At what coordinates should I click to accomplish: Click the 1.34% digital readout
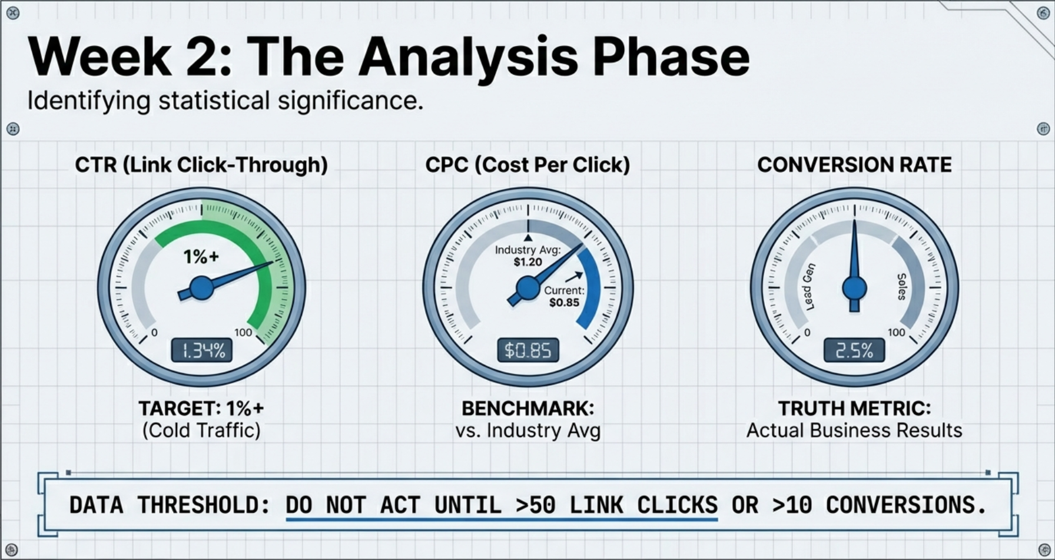pyautogui.click(x=202, y=351)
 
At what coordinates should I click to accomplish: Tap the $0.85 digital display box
pyautogui.click(x=528, y=351)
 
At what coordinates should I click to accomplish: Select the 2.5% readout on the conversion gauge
pyautogui.click(x=854, y=351)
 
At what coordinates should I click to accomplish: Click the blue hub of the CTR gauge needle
pyautogui.click(x=202, y=289)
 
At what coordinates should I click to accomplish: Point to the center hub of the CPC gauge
pyautogui.click(x=527, y=288)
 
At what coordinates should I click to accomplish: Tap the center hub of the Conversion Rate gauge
pyautogui.click(x=854, y=289)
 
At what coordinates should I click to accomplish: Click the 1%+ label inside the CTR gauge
pyautogui.click(x=201, y=257)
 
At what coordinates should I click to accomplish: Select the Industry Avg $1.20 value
pyautogui.click(x=527, y=262)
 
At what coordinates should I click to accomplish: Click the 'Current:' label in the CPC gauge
pyautogui.click(x=564, y=290)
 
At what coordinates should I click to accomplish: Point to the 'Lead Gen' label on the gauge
pyautogui.click(x=809, y=287)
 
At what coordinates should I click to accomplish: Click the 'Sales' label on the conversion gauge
pyautogui.click(x=901, y=287)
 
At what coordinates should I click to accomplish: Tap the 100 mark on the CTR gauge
pyautogui.click(x=243, y=333)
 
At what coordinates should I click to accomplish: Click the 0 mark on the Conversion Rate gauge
pyautogui.click(x=807, y=333)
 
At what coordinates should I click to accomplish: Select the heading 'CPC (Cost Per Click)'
pyautogui.click(x=527, y=165)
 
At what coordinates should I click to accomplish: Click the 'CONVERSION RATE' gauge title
pyautogui.click(x=854, y=165)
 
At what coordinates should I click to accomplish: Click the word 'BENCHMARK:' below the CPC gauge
pyautogui.click(x=527, y=408)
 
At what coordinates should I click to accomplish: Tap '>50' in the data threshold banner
pyautogui.click(x=535, y=505)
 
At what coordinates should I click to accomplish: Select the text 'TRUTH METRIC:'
pyautogui.click(x=854, y=408)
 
